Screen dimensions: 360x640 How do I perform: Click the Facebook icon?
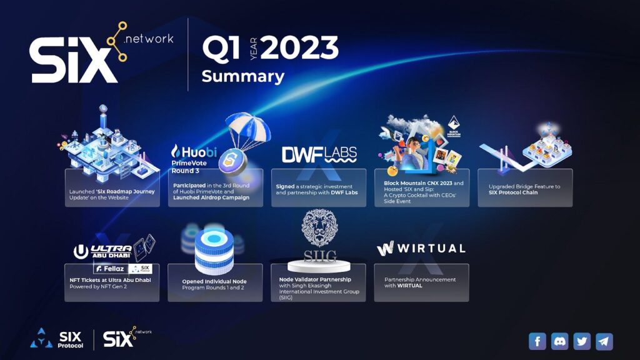tap(537, 341)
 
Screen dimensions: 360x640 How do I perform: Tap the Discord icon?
tap(560, 341)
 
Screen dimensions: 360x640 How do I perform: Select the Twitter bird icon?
tap(582, 341)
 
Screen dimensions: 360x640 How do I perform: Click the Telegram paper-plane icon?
tap(604, 341)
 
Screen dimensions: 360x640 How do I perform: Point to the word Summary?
tap(242, 77)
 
